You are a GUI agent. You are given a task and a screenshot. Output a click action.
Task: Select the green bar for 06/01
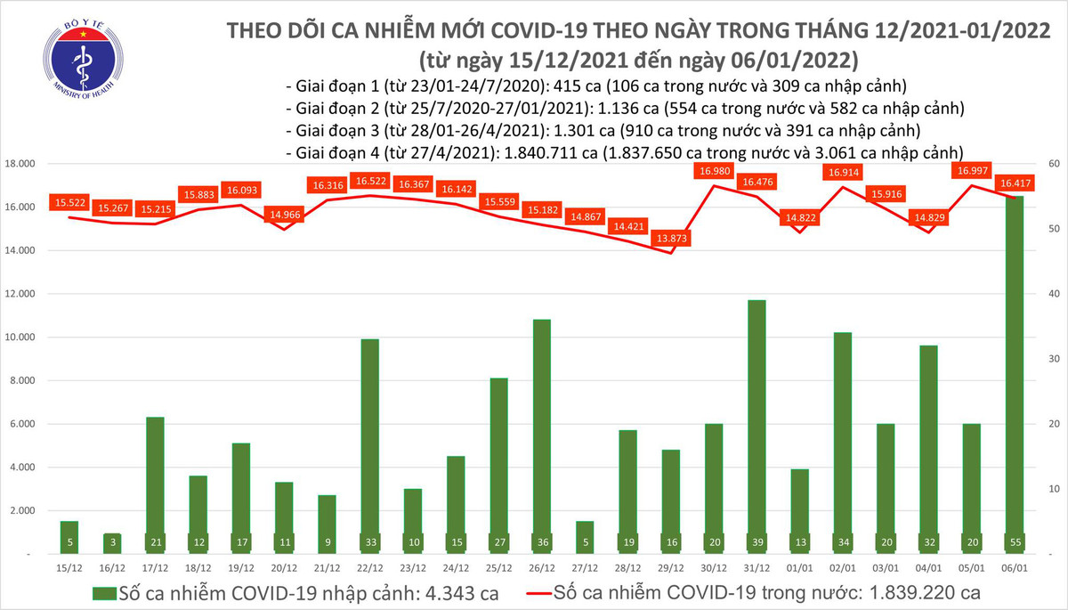(x=1015, y=374)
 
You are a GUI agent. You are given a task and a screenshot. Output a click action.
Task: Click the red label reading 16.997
(x=973, y=170)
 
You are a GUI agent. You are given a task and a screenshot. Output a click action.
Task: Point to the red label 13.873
(x=670, y=239)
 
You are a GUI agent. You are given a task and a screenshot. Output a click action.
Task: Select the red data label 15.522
(x=69, y=204)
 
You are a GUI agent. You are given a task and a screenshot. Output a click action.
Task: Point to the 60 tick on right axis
(x=1054, y=165)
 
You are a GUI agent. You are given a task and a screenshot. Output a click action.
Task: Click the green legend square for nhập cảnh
(x=104, y=591)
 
